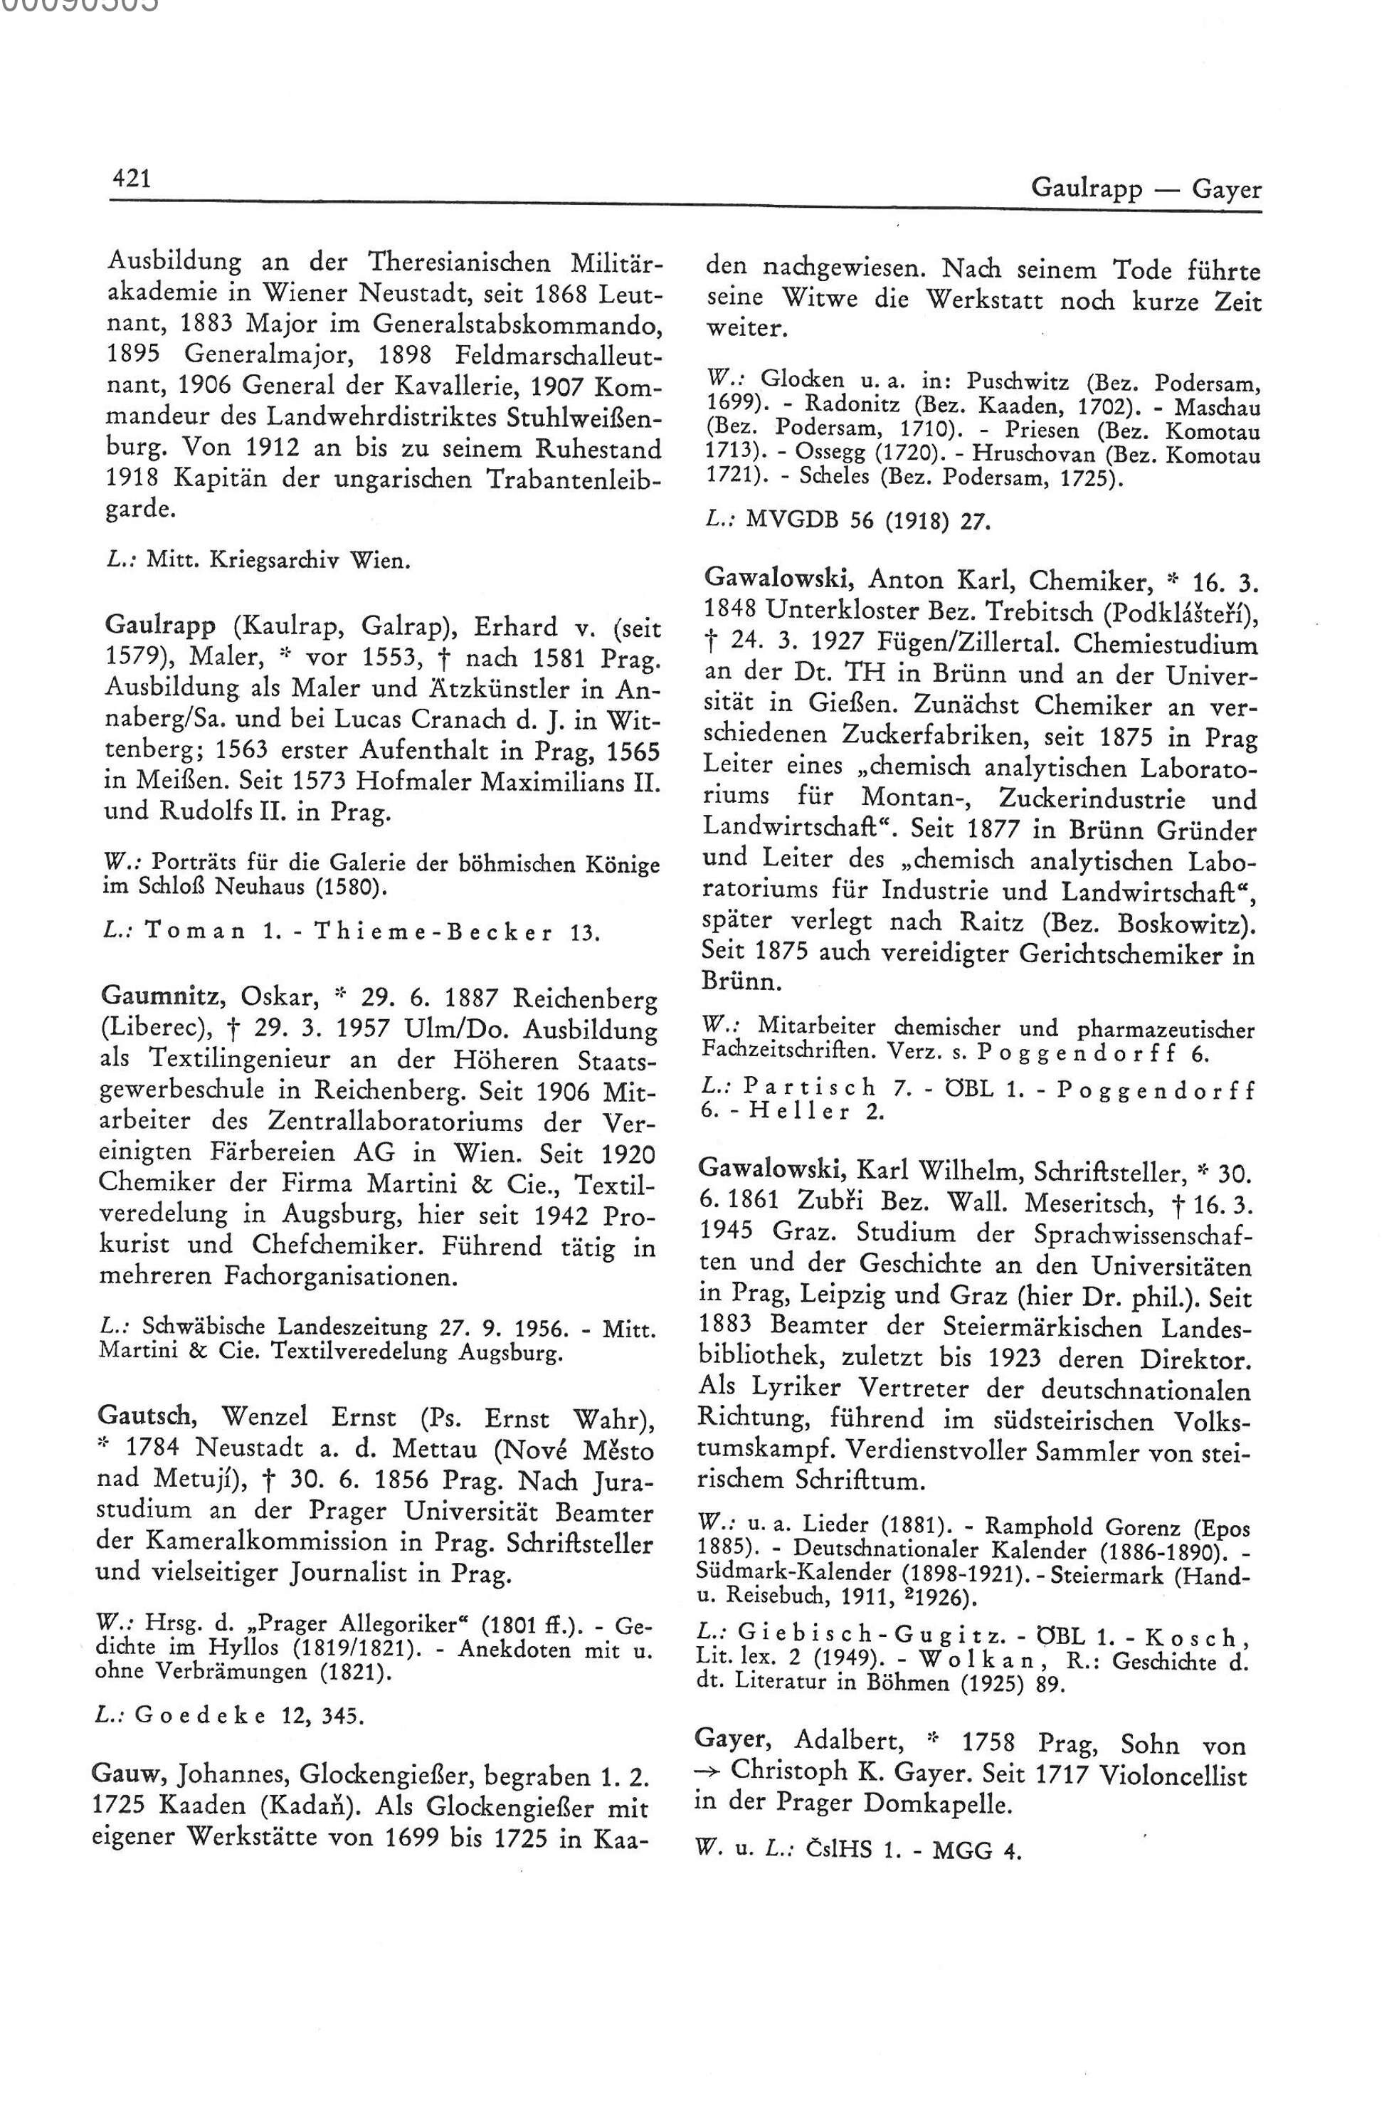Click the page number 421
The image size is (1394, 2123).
[x=130, y=179]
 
